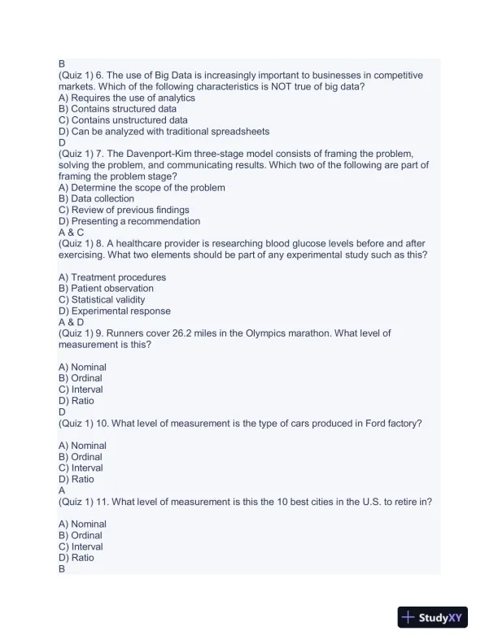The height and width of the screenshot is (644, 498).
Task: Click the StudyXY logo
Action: click(431, 618)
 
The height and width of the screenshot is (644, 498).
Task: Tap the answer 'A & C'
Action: click(71, 232)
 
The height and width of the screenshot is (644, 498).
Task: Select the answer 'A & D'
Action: click(71, 322)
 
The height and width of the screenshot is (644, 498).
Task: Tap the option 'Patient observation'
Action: click(106, 288)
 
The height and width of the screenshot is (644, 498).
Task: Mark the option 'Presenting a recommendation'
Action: click(129, 221)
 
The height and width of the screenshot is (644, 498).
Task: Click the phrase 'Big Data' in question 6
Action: click(179, 75)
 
